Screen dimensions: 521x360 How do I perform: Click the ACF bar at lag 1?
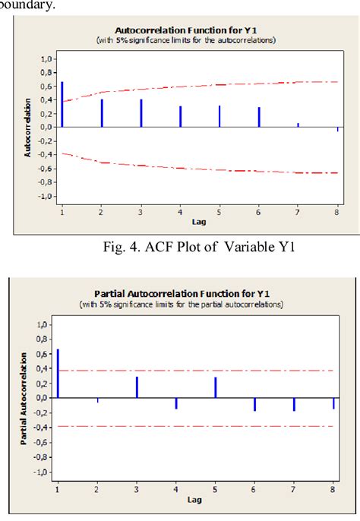point(62,104)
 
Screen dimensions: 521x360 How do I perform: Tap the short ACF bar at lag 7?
point(298,125)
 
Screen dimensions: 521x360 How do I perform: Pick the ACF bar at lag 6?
point(259,117)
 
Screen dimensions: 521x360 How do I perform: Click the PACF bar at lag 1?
point(58,373)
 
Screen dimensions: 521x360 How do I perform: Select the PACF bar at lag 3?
point(137,387)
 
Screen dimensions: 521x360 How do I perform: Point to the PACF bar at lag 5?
point(216,387)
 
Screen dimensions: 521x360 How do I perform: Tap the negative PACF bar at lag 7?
point(294,404)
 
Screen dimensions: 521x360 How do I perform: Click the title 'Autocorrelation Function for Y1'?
point(186,29)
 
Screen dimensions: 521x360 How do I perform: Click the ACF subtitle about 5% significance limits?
point(186,39)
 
